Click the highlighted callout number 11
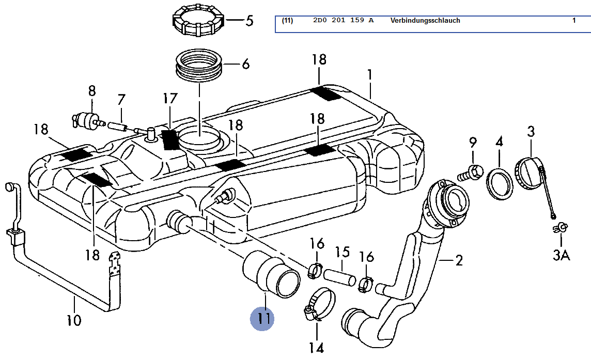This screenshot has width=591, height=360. coord(262,319)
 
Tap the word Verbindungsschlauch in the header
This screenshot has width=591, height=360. coord(425,21)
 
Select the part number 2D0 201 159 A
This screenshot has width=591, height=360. coord(343,21)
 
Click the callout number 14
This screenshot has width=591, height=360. coord(316,348)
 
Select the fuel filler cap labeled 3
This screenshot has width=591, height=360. coord(530,173)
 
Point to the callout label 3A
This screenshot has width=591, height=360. coord(561,255)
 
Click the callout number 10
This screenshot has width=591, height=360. coord(73,320)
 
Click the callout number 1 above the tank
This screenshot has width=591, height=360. coord(370,75)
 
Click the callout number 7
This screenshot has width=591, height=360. coord(121,99)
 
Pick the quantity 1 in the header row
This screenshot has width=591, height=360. coord(574,21)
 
